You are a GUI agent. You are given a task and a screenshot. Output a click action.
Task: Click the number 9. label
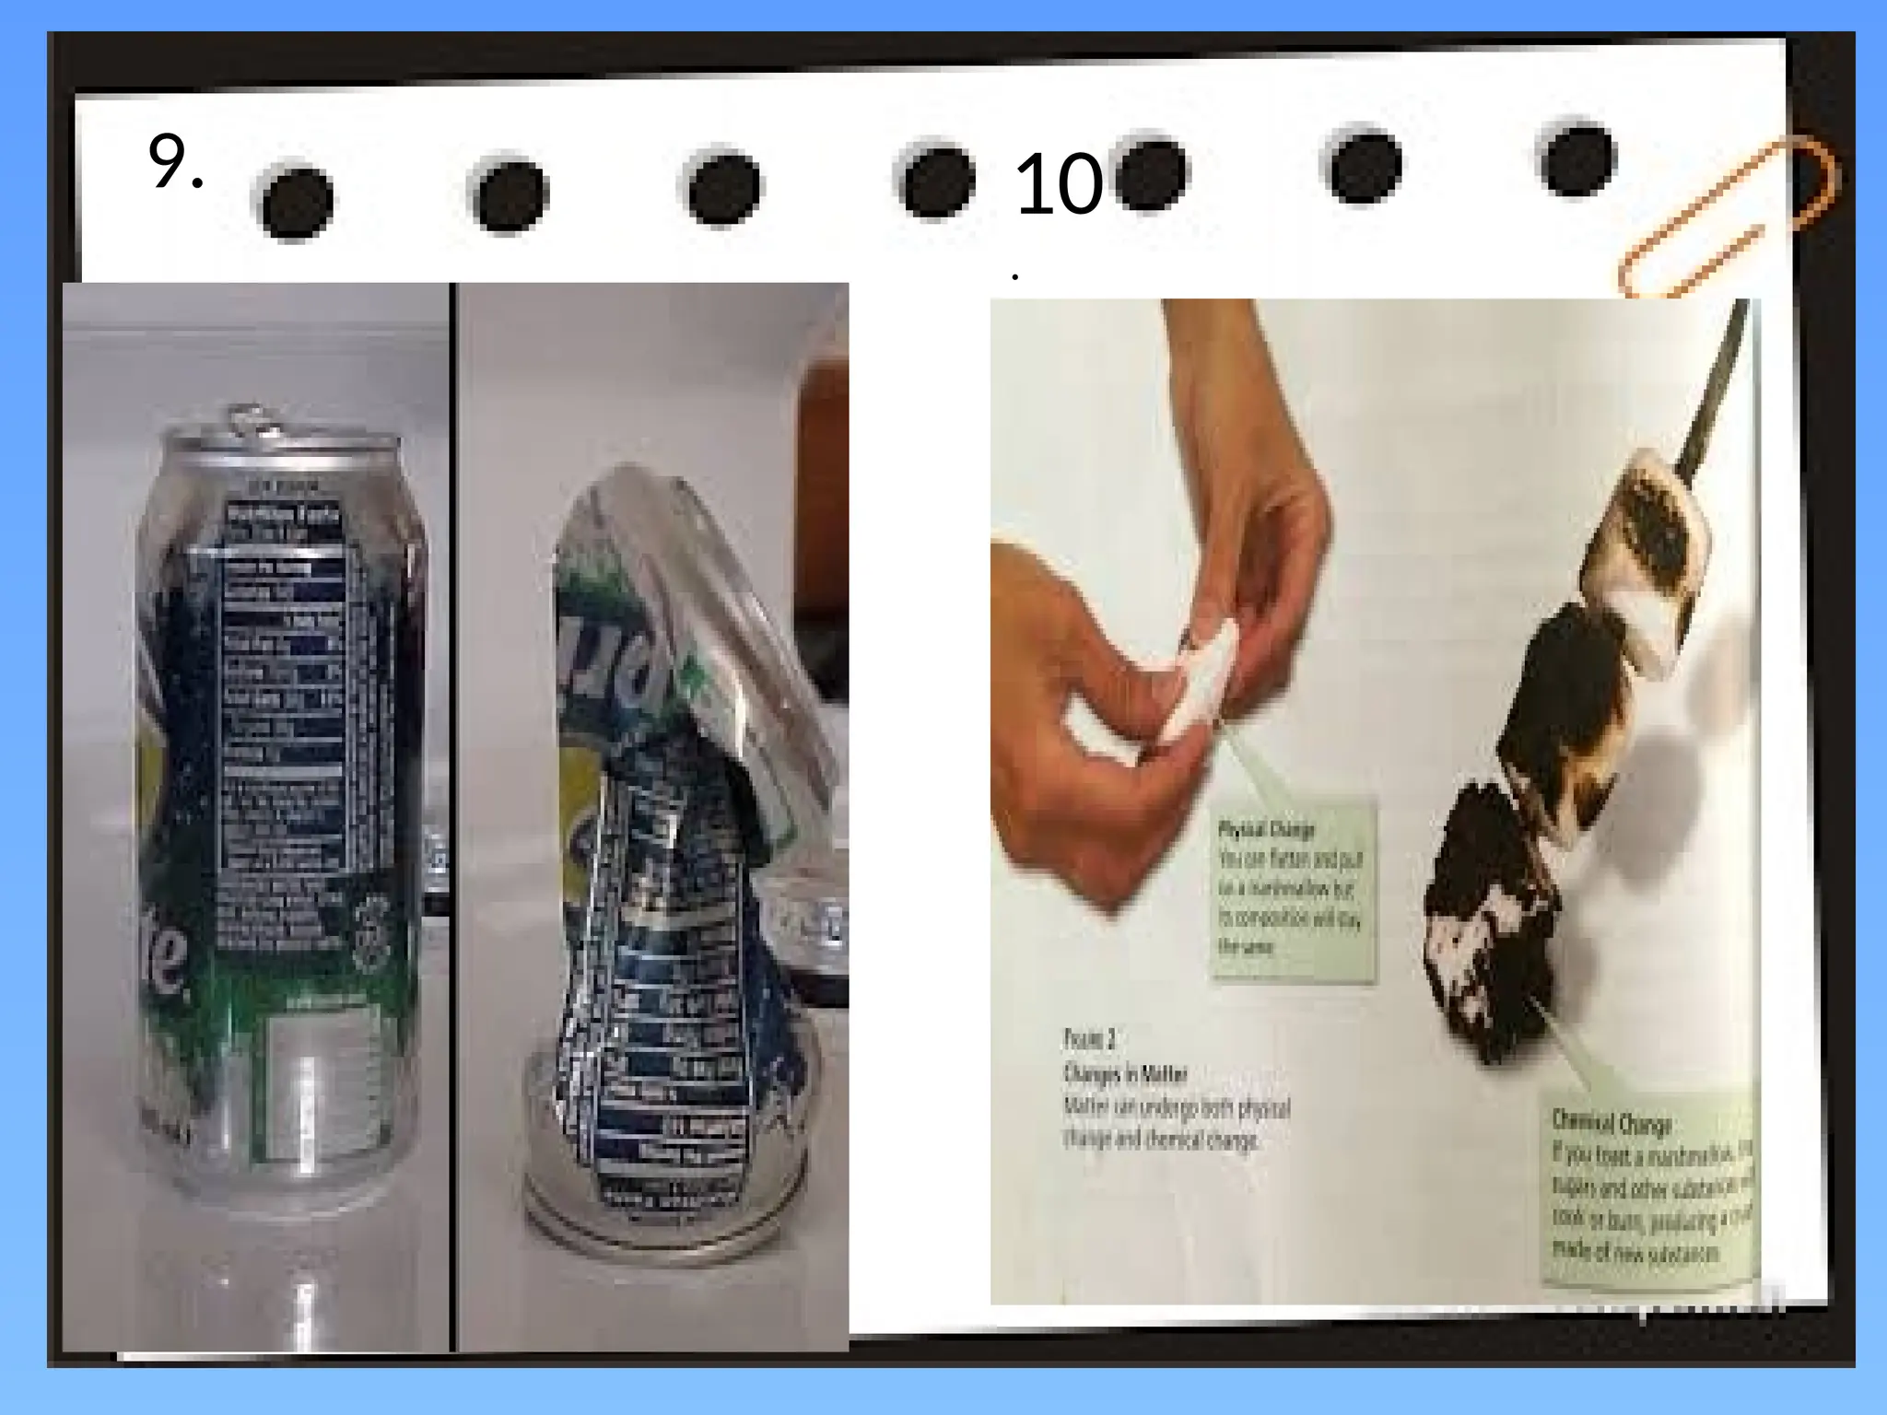pyautogui.click(x=174, y=163)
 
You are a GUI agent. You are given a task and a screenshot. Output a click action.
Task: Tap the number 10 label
pyautogui.click(x=1058, y=184)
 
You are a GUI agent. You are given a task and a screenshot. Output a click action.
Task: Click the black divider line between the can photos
pyautogui.click(x=452, y=811)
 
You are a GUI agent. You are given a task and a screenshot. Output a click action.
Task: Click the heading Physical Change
pyautogui.click(x=1266, y=829)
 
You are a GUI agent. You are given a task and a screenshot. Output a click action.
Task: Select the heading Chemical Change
pyautogui.click(x=1611, y=1123)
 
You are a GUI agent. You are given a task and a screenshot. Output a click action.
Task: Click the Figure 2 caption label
pyautogui.click(x=1090, y=1039)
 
